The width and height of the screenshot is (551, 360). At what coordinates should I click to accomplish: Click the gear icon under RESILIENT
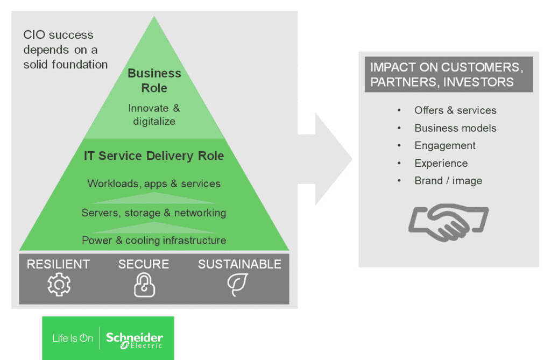pyautogui.click(x=59, y=285)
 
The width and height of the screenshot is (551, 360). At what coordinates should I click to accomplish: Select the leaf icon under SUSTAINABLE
pyautogui.click(x=237, y=285)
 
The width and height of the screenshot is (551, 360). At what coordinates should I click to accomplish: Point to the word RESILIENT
pyautogui.click(x=59, y=264)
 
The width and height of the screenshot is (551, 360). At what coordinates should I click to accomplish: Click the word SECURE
pyautogui.click(x=144, y=264)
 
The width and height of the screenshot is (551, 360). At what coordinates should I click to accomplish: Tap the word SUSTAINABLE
pyautogui.click(x=239, y=264)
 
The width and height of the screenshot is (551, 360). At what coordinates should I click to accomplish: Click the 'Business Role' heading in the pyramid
pyautogui.click(x=154, y=81)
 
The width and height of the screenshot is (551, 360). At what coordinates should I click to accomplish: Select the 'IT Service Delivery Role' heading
pyautogui.click(x=154, y=156)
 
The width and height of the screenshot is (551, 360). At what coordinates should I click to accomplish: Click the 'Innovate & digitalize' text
pyautogui.click(x=154, y=115)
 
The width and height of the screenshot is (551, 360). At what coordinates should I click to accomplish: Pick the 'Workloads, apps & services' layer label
pyautogui.click(x=154, y=183)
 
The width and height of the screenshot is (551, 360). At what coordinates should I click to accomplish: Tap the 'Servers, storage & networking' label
pyautogui.click(x=154, y=213)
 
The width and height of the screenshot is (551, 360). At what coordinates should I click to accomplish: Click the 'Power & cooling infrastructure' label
pyautogui.click(x=154, y=240)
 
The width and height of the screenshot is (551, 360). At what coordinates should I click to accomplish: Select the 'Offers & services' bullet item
pyautogui.click(x=455, y=110)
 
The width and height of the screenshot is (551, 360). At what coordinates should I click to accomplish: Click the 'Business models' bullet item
pyautogui.click(x=455, y=128)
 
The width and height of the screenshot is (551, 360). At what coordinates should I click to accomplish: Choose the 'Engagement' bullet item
pyautogui.click(x=445, y=145)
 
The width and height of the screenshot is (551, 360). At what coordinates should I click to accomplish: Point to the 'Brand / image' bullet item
pyautogui.click(x=448, y=181)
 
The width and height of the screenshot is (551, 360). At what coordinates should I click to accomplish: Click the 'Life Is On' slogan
pyautogui.click(x=73, y=338)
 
